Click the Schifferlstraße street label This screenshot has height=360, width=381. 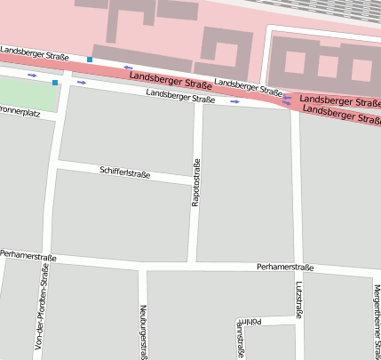click(x=125, y=172)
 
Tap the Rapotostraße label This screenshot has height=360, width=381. click(x=195, y=184)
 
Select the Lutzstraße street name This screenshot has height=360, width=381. click(x=298, y=300)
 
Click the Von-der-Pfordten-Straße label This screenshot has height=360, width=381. click(x=41, y=310)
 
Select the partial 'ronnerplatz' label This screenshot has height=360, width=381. click(x=20, y=113)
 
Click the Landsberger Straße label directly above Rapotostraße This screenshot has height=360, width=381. click(x=181, y=95)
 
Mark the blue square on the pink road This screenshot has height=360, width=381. click(x=90, y=60)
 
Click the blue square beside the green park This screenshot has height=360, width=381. click(x=55, y=83)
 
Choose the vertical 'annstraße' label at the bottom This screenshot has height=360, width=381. click(x=240, y=340)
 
